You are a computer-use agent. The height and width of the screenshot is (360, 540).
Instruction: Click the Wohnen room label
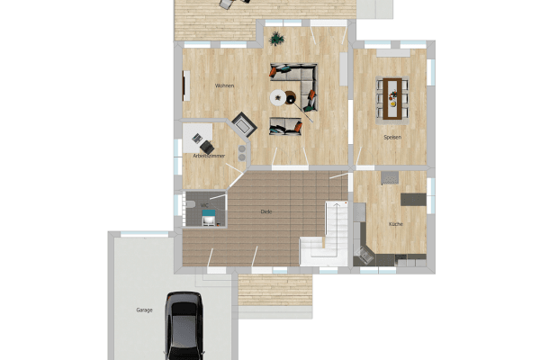(x=224, y=85)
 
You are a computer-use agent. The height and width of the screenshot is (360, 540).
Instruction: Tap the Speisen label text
(x=391, y=138)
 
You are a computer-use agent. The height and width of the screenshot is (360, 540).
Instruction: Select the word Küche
(x=395, y=223)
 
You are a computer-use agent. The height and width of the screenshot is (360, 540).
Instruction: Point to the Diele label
(x=265, y=211)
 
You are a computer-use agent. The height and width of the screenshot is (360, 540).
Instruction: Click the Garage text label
(x=144, y=310)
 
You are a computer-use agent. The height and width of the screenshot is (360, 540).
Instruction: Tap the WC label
(x=204, y=204)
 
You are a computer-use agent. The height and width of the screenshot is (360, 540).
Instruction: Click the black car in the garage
(x=184, y=328)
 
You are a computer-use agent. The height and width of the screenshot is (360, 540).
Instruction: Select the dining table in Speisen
(x=393, y=96)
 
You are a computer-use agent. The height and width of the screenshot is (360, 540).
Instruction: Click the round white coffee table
(x=279, y=97)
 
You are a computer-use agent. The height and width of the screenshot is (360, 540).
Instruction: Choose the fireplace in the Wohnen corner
(x=243, y=124)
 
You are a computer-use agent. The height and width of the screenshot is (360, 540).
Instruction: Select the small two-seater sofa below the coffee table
(x=286, y=126)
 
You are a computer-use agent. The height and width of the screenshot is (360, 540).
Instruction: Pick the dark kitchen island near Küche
(x=414, y=199)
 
